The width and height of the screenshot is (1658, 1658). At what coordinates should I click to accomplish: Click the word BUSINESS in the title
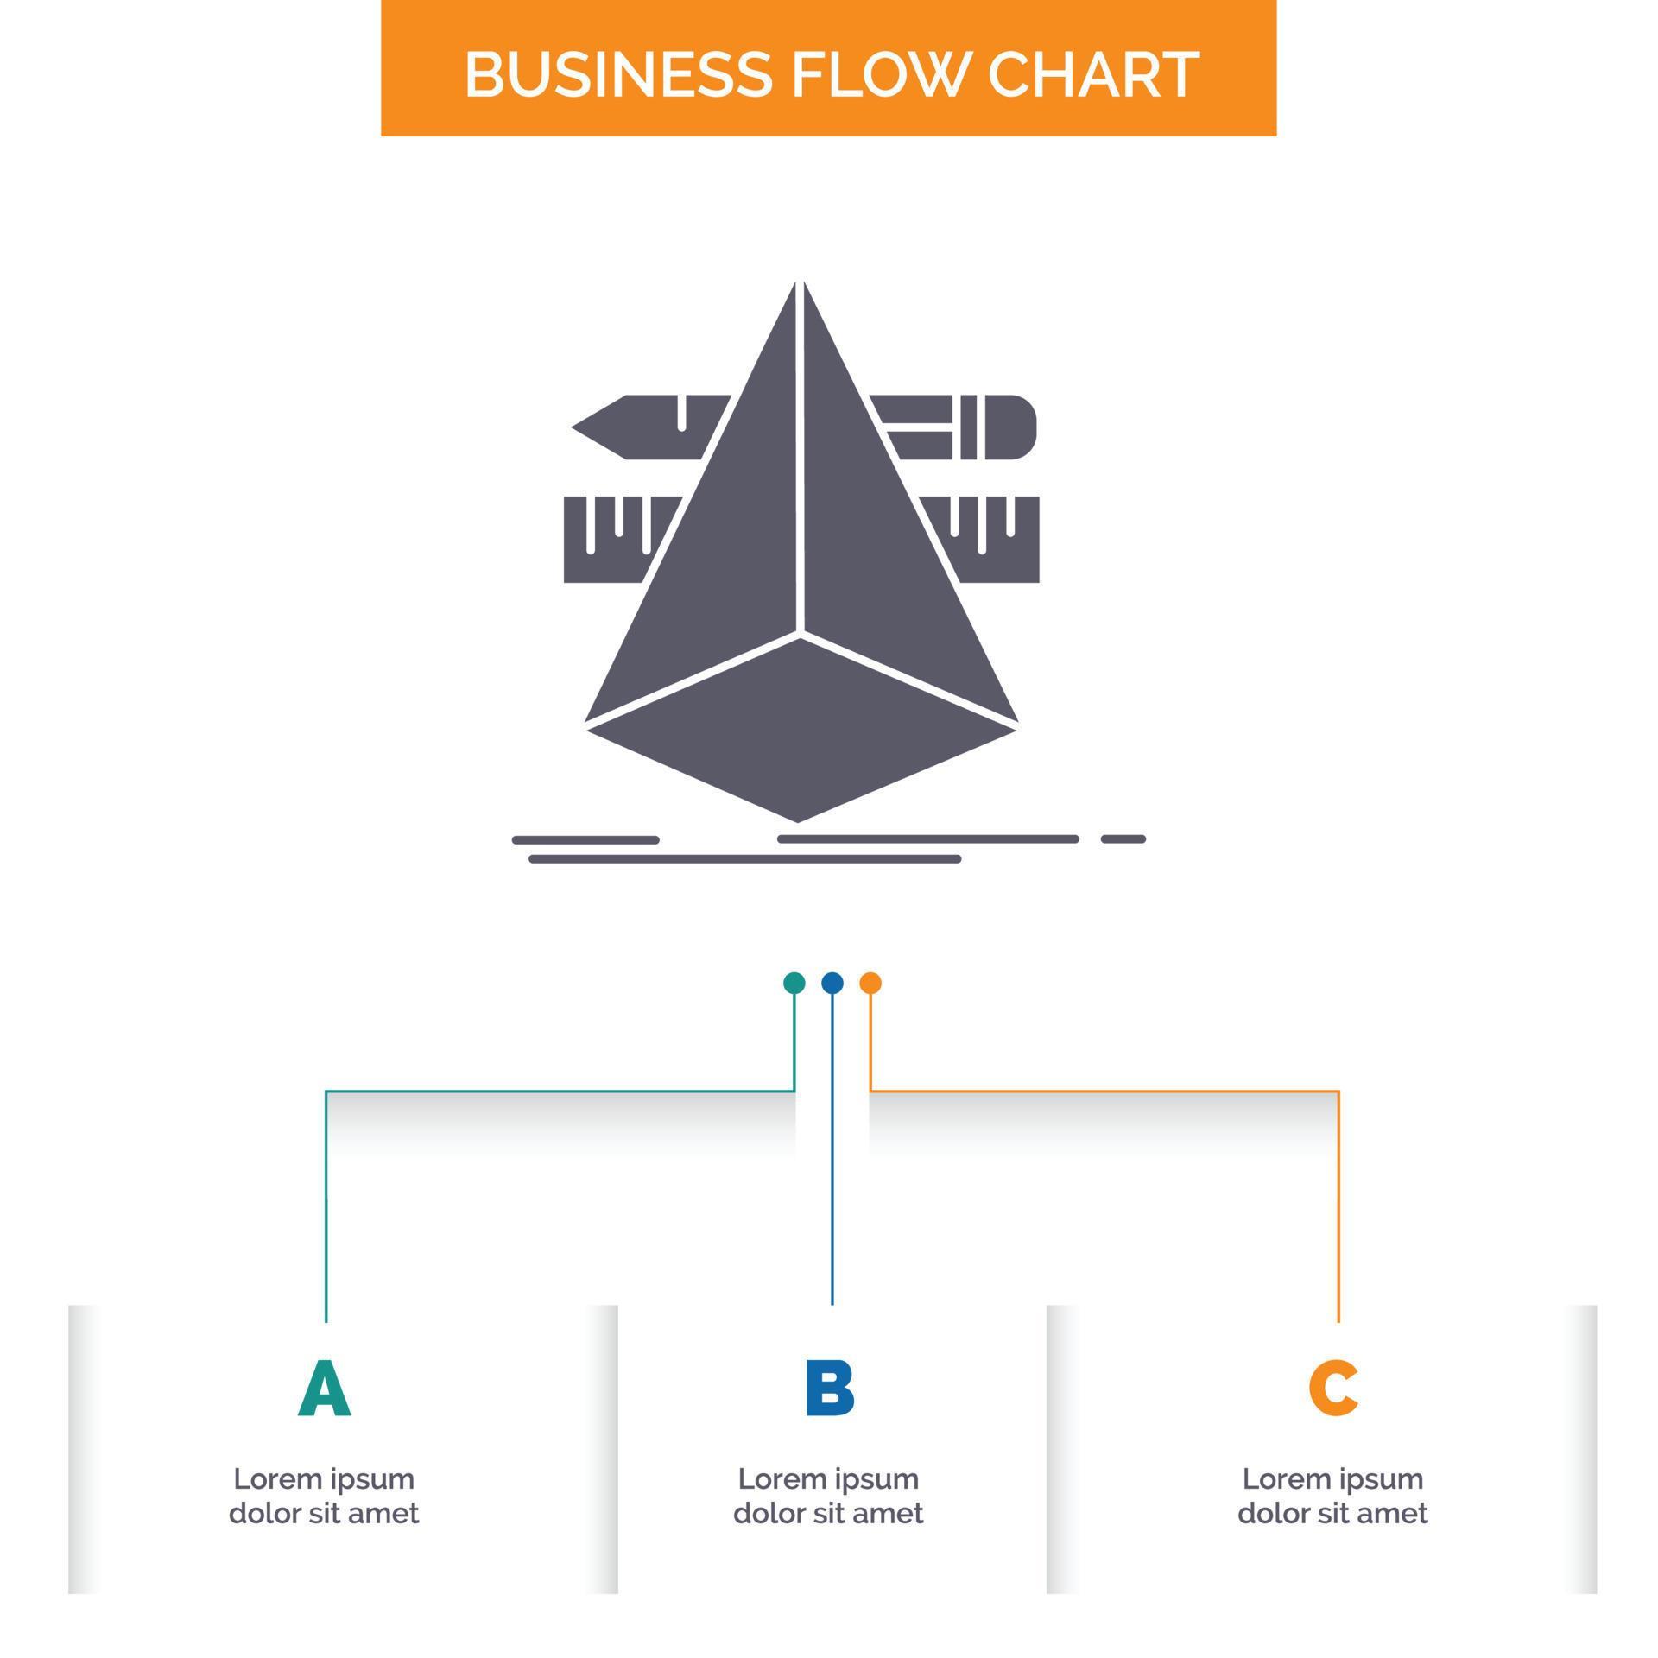(x=617, y=74)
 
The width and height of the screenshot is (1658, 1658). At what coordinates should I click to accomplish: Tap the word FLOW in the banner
(x=878, y=74)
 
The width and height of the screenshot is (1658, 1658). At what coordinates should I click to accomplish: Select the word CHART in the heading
(x=1092, y=74)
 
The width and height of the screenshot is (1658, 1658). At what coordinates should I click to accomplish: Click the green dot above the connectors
(x=794, y=983)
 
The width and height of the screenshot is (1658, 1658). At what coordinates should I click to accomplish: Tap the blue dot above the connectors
(x=832, y=983)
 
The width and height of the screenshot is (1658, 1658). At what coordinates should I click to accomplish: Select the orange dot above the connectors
(x=870, y=983)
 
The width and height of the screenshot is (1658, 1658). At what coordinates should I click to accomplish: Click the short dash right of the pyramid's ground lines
(x=1123, y=838)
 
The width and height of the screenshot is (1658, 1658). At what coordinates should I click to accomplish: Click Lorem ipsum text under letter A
(x=324, y=1478)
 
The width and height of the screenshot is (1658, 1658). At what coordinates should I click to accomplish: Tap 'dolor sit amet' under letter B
(x=828, y=1513)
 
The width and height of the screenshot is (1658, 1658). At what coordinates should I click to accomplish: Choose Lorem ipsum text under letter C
(x=1332, y=1478)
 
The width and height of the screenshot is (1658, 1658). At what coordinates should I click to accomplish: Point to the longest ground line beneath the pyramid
(x=744, y=859)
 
